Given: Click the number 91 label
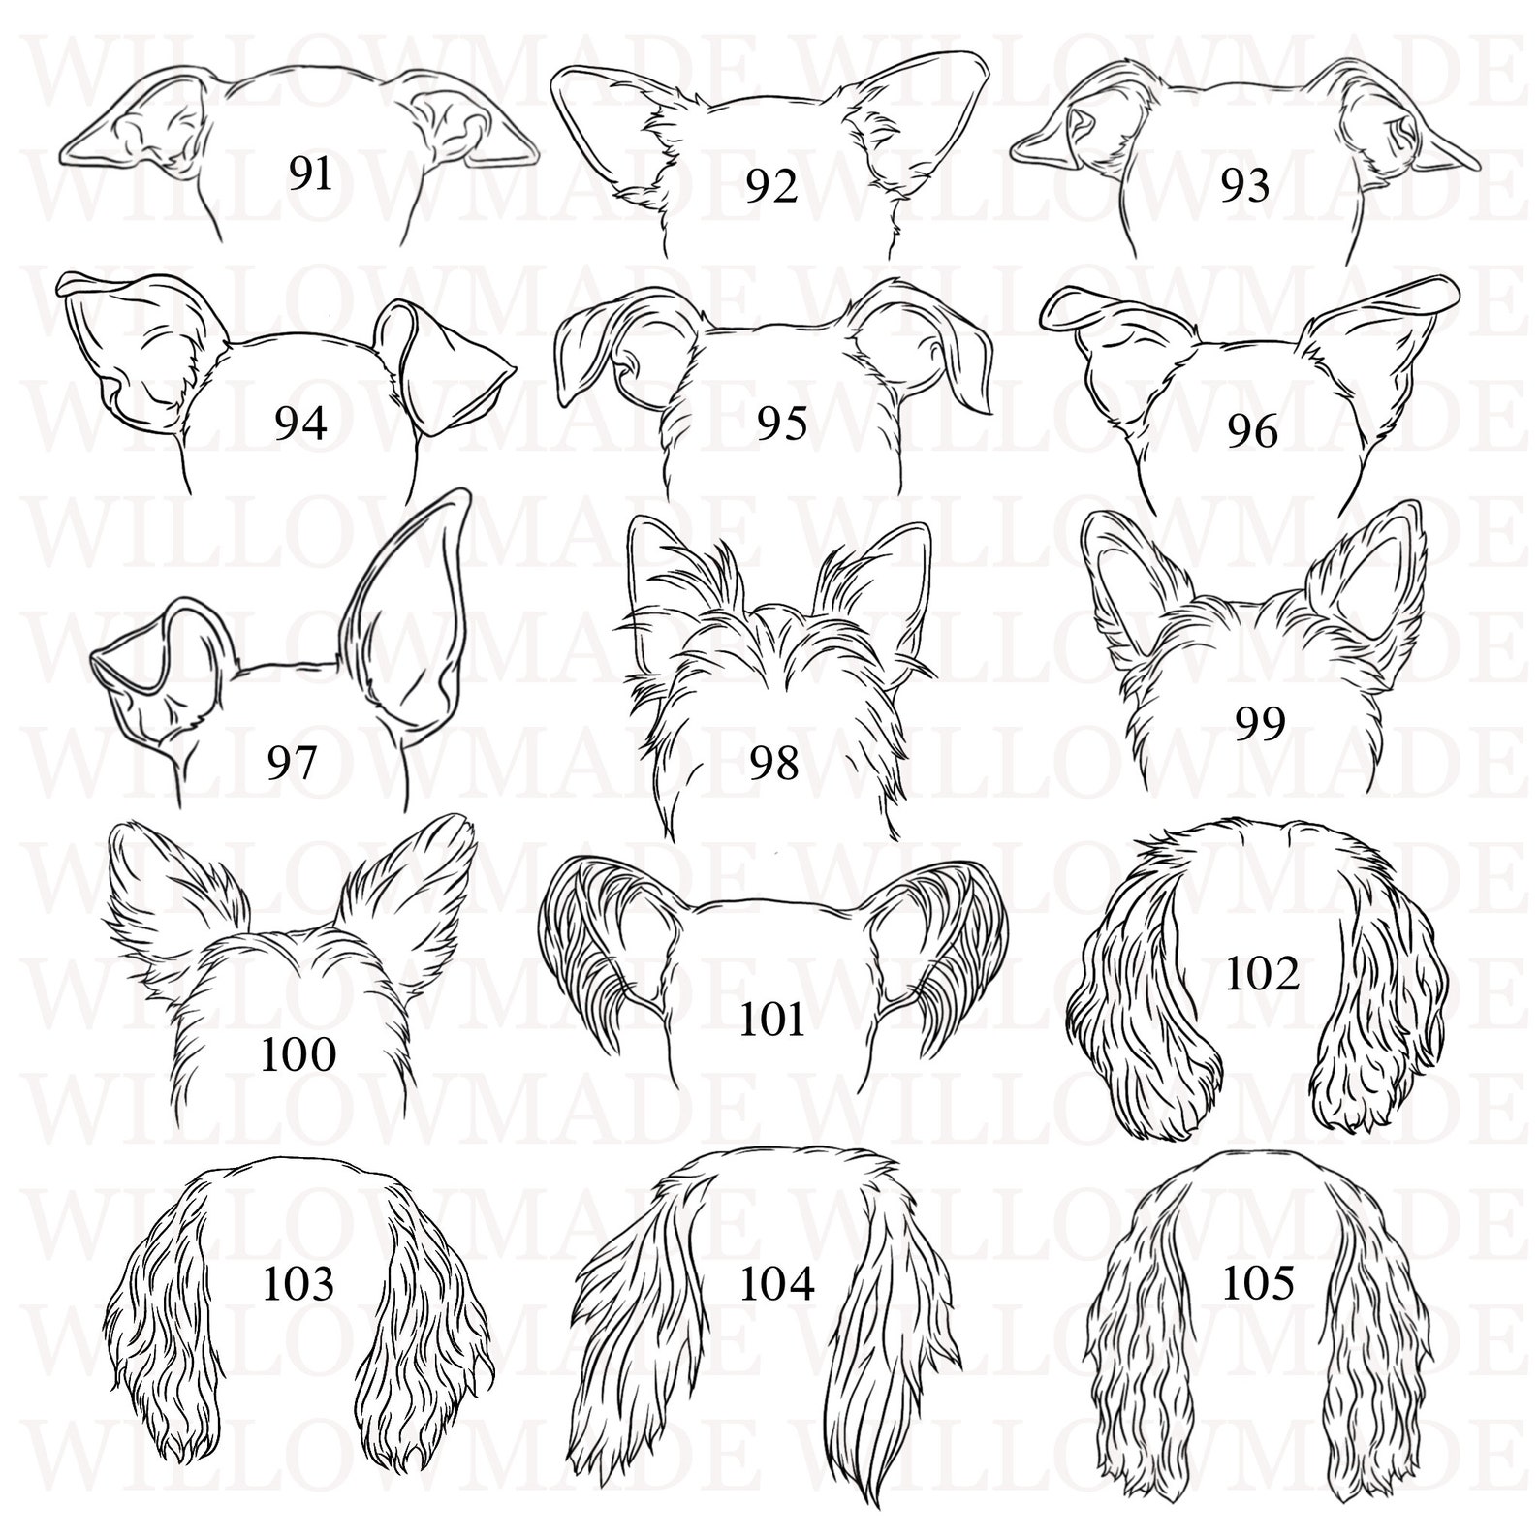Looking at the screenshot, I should point(310,174).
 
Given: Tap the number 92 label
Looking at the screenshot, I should point(771,186).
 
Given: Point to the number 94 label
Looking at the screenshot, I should point(300,424).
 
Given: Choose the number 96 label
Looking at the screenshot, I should point(1252,430).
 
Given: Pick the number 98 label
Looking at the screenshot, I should point(773,763).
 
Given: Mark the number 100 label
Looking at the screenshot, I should point(298,1053).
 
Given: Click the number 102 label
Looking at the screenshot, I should point(1261,974).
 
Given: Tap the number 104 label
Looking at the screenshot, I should point(777,1284).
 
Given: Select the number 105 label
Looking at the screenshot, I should point(1258,1284).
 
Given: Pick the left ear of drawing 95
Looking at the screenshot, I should point(601,349).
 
